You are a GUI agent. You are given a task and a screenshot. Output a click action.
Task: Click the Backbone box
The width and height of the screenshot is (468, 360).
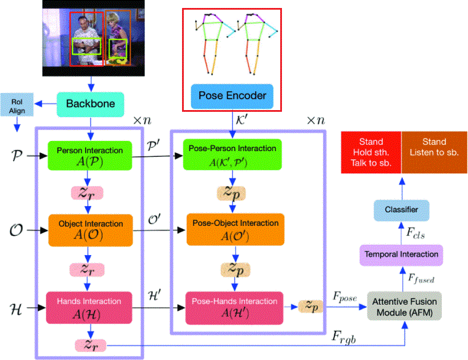pyautogui.click(x=91, y=103)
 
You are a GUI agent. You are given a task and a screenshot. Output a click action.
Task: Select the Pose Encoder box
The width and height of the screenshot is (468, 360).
pyautogui.click(x=232, y=95)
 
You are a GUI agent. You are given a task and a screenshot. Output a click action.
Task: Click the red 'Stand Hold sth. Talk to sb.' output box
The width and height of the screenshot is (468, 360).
pyautogui.click(x=370, y=152)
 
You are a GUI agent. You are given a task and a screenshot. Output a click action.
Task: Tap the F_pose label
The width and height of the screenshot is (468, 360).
pyautogui.click(x=344, y=297)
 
